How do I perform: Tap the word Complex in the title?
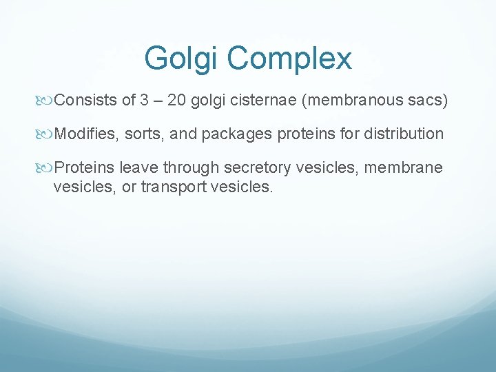pyautogui.click(x=289, y=59)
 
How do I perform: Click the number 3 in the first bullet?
pyautogui.click(x=144, y=101)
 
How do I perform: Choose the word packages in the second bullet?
pyautogui.click(x=238, y=134)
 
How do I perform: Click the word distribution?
pyautogui.click(x=404, y=134)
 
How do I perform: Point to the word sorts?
pyautogui.click(x=143, y=134)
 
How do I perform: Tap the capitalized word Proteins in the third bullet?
pyautogui.click(x=84, y=167)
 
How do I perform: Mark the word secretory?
pyautogui.click(x=254, y=167)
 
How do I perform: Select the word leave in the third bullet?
pyautogui.click(x=139, y=167)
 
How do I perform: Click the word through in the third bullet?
pyautogui.click(x=191, y=167)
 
